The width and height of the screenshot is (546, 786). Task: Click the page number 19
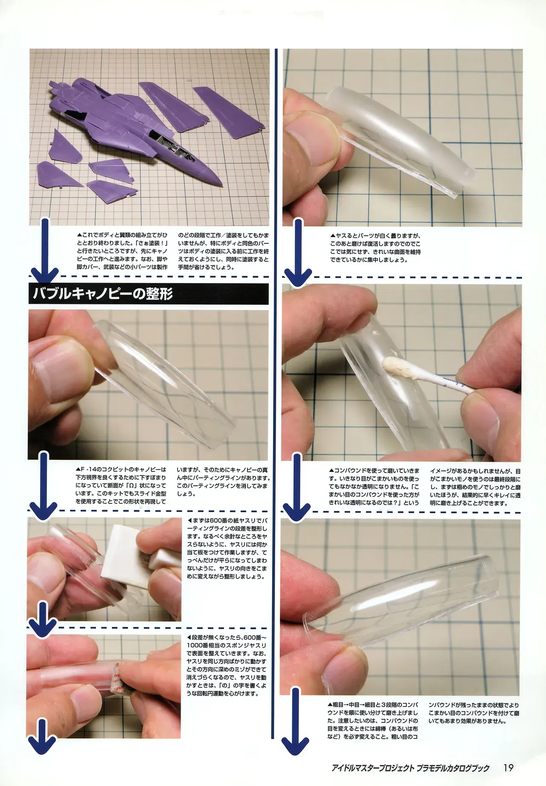(x=508, y=767)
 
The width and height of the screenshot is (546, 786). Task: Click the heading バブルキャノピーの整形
(x=103, y=294)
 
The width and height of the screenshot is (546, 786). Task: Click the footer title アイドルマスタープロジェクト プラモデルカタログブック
(x=410, y=768)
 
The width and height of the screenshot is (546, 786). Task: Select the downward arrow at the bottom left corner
(x=41, y=752)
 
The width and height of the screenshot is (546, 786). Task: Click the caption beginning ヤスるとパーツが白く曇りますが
(x=375, y=247)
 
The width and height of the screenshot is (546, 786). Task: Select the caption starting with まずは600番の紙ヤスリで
(x=227, y=548)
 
